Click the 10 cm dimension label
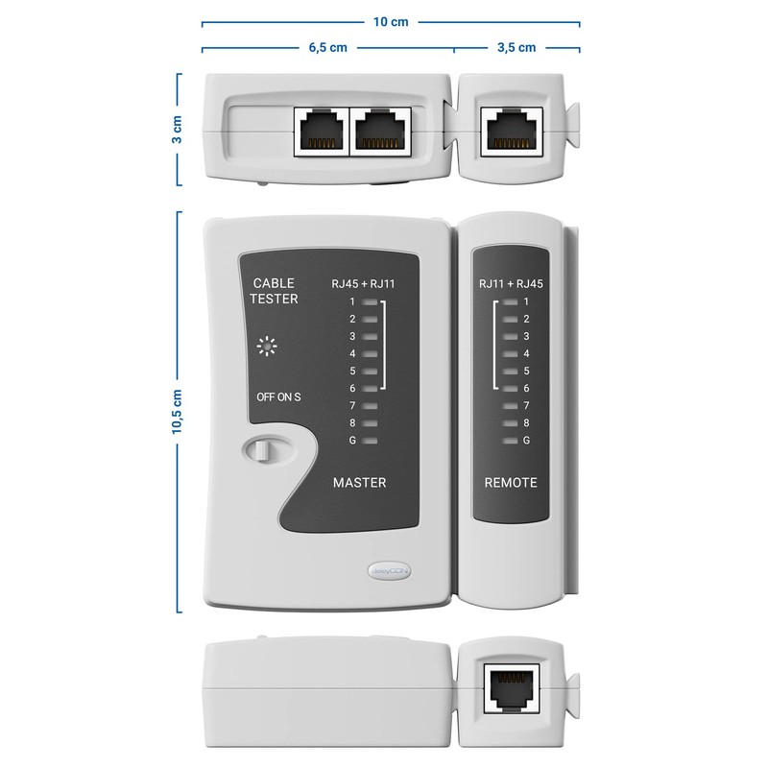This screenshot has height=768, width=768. pos(391,20)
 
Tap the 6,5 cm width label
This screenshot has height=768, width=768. pos(327,47)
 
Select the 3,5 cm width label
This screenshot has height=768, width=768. pos(516,47)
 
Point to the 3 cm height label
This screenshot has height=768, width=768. pos(176,130)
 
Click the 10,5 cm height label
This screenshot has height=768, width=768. pos(176,411)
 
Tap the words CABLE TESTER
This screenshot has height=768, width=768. pos(275,291)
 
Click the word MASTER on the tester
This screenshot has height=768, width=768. pos(359,482)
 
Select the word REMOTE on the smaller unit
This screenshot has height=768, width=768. pos(510,482)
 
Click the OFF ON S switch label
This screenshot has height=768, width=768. pos(278,397)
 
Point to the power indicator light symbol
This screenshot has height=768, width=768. pos(267,347)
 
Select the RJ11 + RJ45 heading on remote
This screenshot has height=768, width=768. pos(511,283)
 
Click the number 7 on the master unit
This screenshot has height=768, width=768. pos(352,405)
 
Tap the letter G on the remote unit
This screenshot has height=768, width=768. pos(525,440)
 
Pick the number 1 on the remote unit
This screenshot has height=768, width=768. pos(525,301)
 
